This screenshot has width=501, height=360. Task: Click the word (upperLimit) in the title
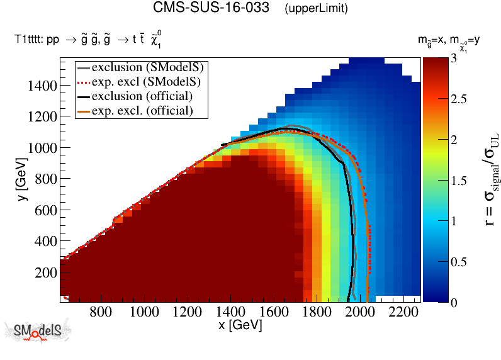coord(316,9)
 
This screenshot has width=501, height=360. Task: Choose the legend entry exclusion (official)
coord(142,96)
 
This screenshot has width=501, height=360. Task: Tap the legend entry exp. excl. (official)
coord(142,110)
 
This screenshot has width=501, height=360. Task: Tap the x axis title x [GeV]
coord(240,325)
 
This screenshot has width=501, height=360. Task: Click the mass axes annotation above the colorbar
coord(449,42)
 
